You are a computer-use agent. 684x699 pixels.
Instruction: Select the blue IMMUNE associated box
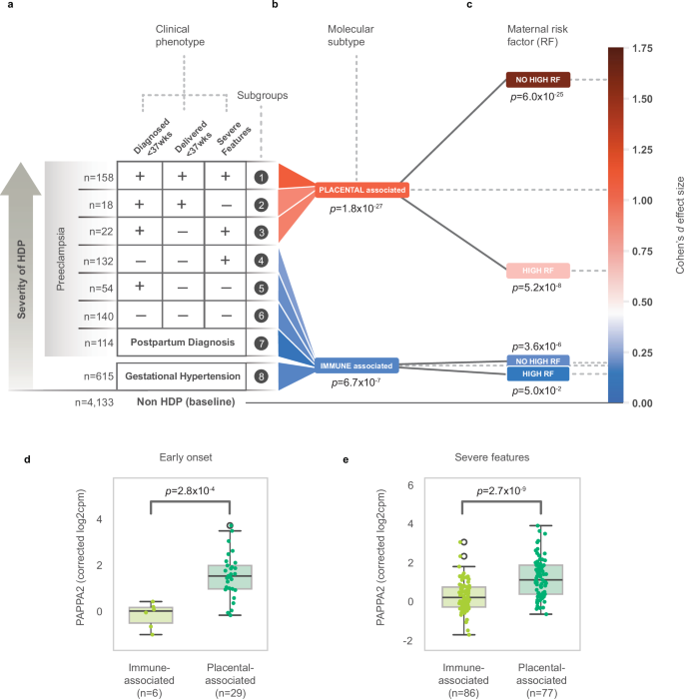(x=355, y=365)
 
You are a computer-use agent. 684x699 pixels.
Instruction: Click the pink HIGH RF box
(x=538, y=270)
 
